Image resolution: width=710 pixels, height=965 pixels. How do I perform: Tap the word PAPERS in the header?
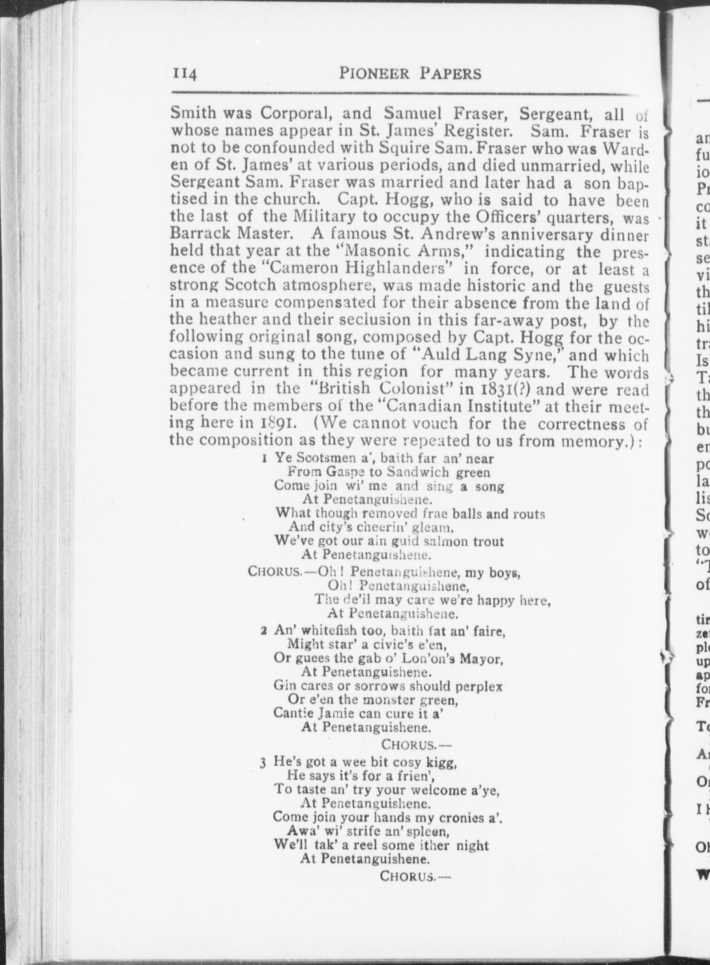click(451, 73)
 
